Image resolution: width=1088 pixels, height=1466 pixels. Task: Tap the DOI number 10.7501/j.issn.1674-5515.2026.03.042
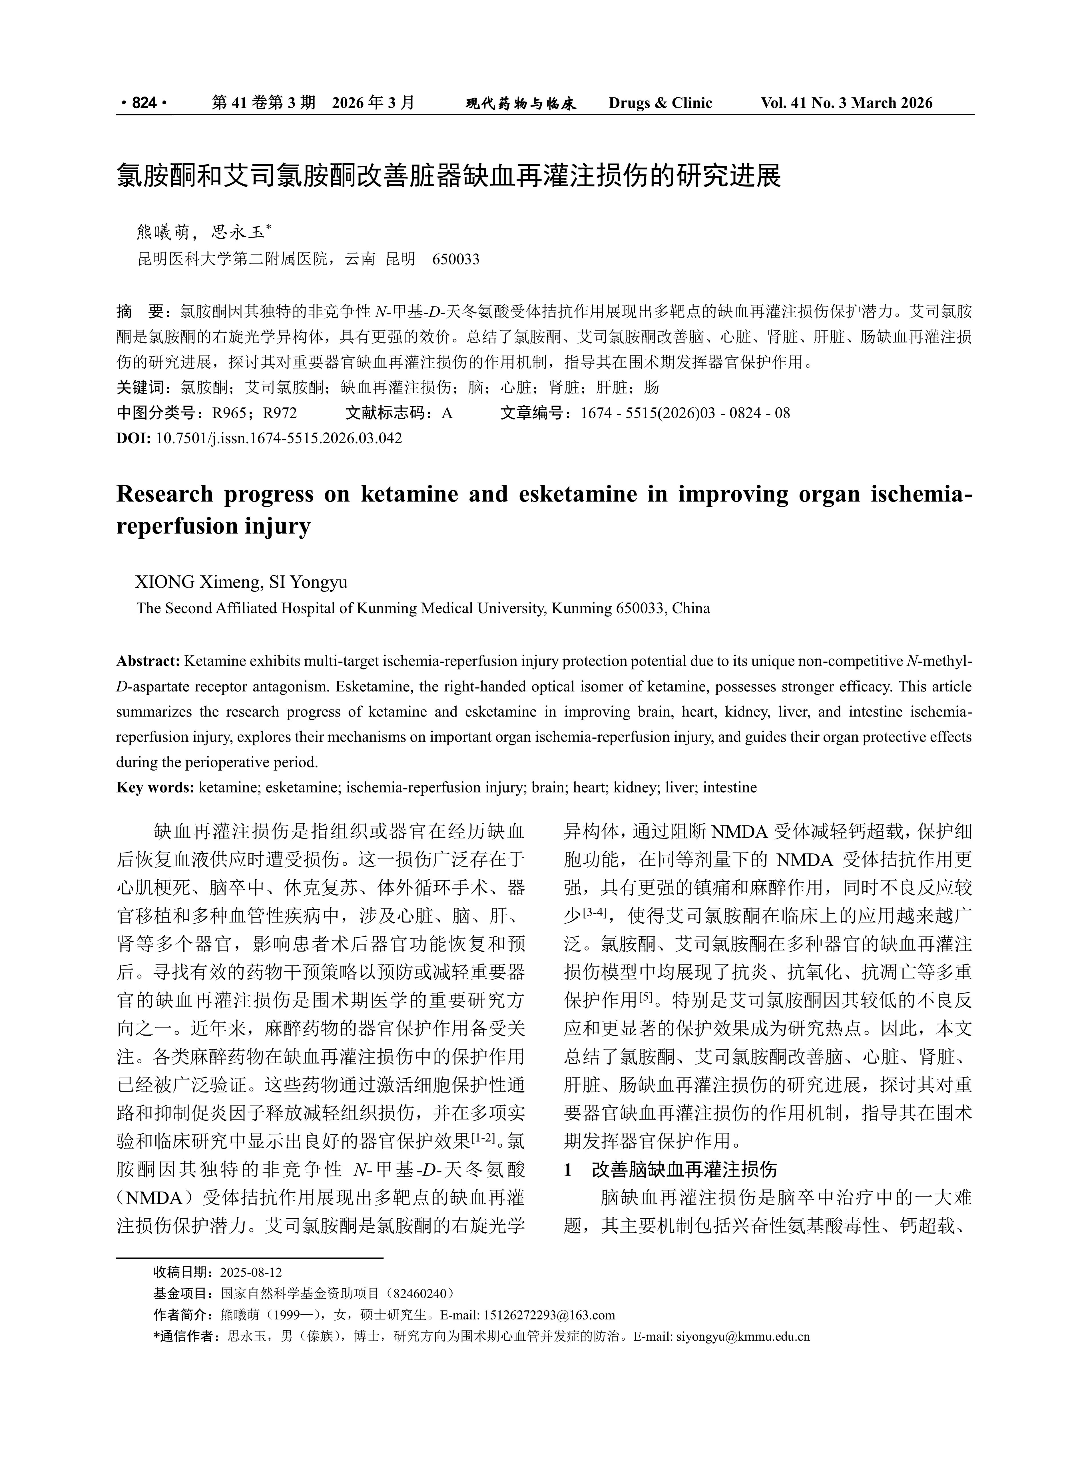click(x=279, y=438)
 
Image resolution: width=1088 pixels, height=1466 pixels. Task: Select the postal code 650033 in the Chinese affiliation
click(x=456, y=259)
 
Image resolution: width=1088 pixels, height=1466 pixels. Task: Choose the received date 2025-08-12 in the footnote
click(x=251, y=1272)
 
